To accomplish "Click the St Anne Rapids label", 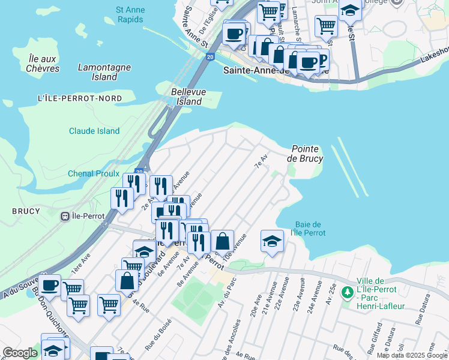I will pyautogui.click(x=129, y=14).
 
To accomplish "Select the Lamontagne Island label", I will pyautogui.click(x=105, y=72).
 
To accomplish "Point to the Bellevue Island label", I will pyautogui.click(x=186, y=97).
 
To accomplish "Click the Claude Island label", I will pyautogui.click(x=94, y=131).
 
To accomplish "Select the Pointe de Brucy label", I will pyautogui.click(x=305, y=154).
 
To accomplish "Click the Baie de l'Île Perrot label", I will pyautogui.click(x=307, y=228).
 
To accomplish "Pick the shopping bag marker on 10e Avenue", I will pyautogui.click(x=222, y=241).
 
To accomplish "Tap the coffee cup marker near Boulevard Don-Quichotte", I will pyautogui.click(x=50, y=284).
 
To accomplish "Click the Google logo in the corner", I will pyautogui.click(x=20, y=353).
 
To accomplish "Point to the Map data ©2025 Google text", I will pyautogui.click(x=412, y=356).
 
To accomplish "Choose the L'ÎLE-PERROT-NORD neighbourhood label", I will pyautogui.click(x=79, y=98).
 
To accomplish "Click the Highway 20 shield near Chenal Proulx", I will pyautogui.click(x=139, y=172).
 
